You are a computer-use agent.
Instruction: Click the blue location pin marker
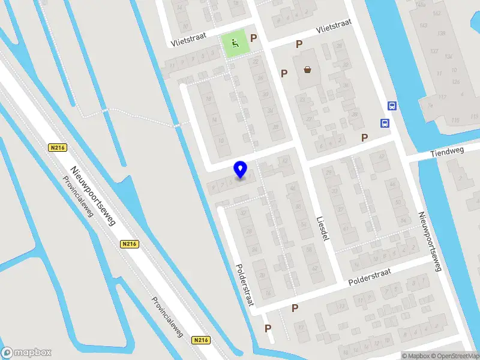241,169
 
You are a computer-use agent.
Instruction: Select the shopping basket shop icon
308,70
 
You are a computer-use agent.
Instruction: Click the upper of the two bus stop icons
392,106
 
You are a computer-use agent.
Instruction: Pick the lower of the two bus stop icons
384,124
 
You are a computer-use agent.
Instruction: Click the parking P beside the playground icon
254,38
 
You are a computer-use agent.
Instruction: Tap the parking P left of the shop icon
284,73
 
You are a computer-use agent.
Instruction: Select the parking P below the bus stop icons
364,137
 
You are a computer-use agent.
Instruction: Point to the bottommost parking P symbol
268,328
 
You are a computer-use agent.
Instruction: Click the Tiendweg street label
448,154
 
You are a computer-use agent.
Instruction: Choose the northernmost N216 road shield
57,148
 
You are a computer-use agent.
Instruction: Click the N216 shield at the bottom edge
201,340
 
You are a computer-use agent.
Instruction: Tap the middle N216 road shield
129,244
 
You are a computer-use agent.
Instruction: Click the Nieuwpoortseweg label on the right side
430,241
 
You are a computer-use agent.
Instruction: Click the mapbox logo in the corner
26,353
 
